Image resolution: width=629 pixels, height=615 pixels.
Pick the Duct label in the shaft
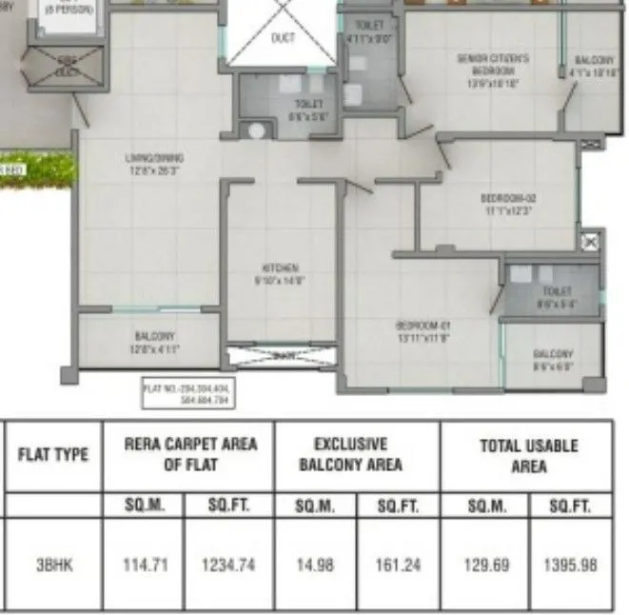click(x=283, y=38)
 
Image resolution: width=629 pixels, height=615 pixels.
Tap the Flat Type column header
click(x=53, y=454)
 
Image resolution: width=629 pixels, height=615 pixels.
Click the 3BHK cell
click(x=53, y=565)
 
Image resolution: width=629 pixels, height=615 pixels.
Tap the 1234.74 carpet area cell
click(x=227, y=565)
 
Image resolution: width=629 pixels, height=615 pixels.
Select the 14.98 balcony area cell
click(x=312, y=565)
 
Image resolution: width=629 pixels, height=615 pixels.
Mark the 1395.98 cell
click(x=573, y=565)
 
